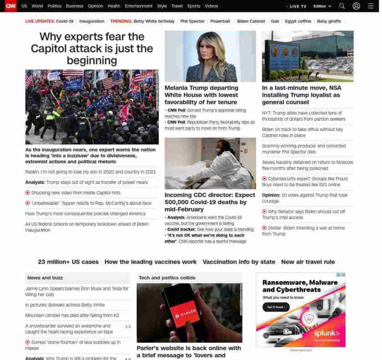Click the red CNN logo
click(x=10, y=6)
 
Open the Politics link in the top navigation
click(x=54, y=6)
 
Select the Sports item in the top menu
click(x=194, y=6)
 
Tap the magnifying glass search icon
click(x=342, y=6)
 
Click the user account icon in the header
click(x=357, y=6)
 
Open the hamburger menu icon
click(x=370, y=6)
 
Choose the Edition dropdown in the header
click(x=322, y=6)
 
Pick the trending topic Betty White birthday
click(x=154, y=21)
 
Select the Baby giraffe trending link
click(x=329, y=21)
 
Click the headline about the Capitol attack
click(x=92, y=48)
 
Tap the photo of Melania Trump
click(x=210, y=56)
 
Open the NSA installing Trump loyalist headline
click(x=301, y=95)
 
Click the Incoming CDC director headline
click(x=210, y=202)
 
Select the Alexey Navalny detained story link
click(x=307, y=165)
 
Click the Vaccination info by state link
click(x=239, y=262)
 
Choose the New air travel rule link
click(x=308, y=262)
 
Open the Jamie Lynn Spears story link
click(x=77, y=291)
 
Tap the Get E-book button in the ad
click(x=276, y=307)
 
